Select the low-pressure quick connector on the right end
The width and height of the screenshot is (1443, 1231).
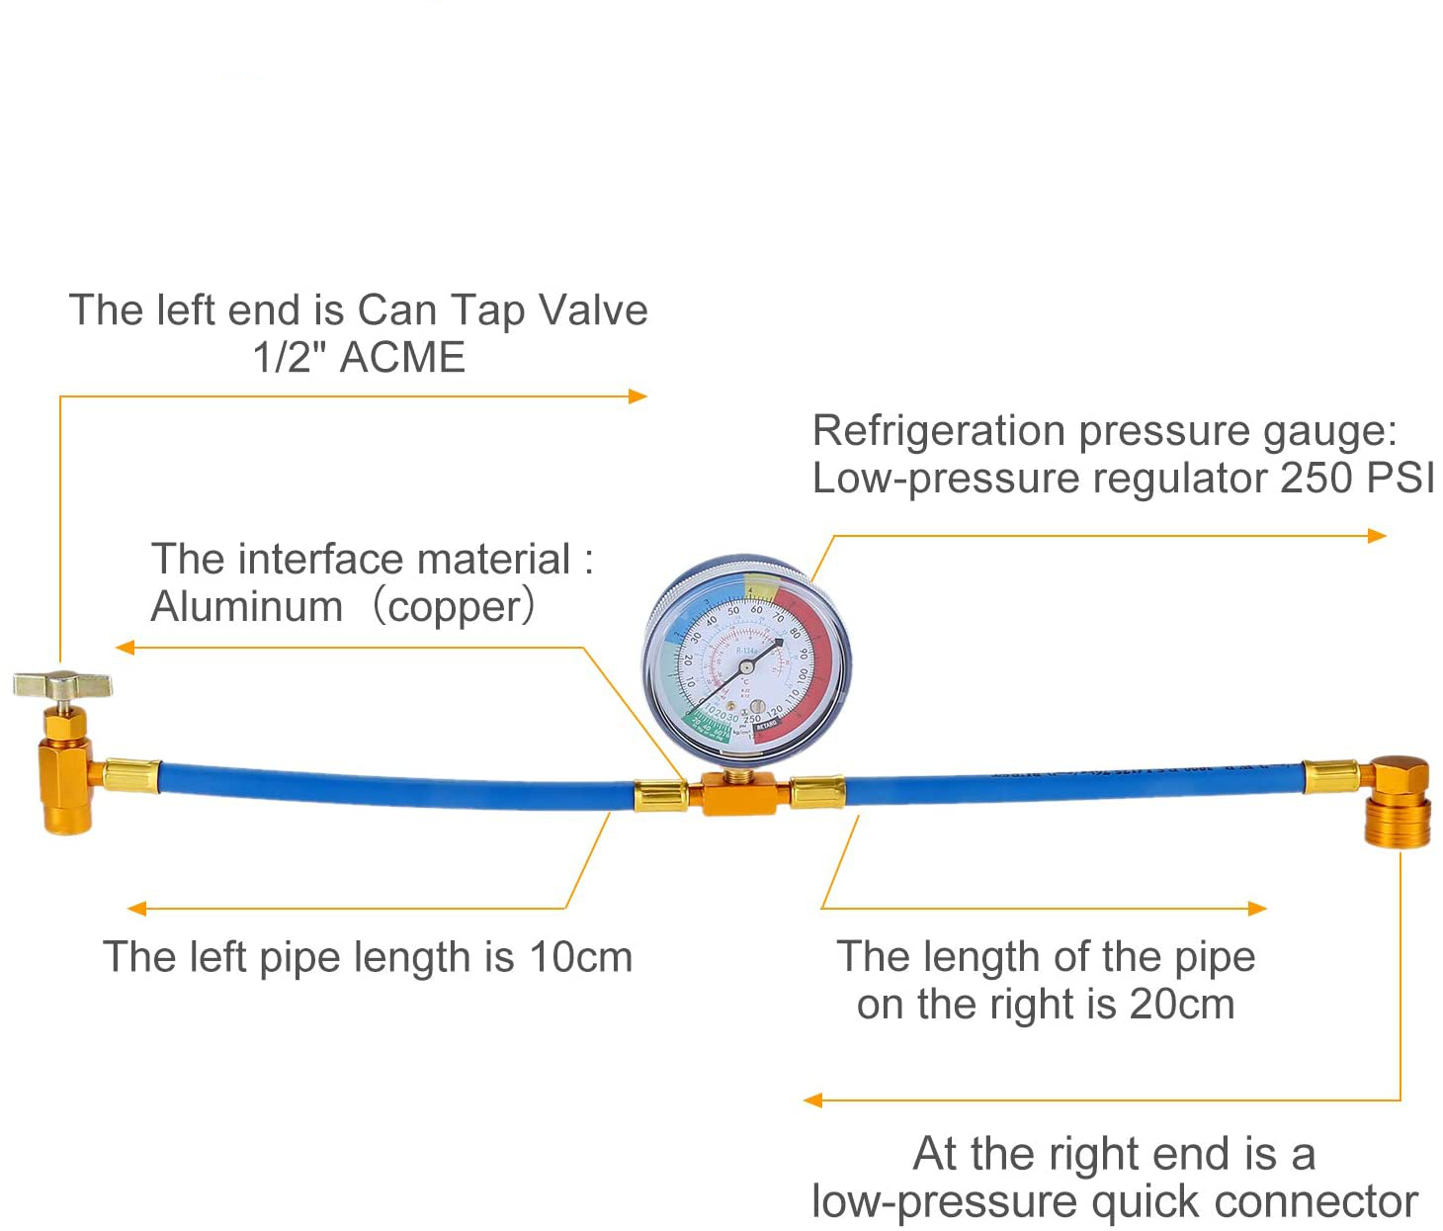pyautogui.click(x=1398, y=802)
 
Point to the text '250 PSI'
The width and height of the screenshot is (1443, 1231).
pyautogui.click(x=1357, y=479)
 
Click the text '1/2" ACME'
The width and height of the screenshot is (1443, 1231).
pyautogui.click(x=359, y=357)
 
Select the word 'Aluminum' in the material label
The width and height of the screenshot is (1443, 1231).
pyautogui.click(x=247, y=606)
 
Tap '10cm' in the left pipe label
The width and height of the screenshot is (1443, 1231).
pyautogui.click(x=581, y=957)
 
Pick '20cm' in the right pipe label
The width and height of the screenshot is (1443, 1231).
pyautogui.click(x=1182, y=1005)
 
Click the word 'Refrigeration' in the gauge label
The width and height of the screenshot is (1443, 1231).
pyautogui.click(x=938, y=431)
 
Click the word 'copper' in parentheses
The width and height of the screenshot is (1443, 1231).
pyautogui.click(x=454, y=606)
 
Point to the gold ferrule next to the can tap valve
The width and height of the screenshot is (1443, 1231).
pyautogui.click(x=132, y=775)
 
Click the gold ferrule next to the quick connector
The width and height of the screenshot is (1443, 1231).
pyautogui.click(x=1330, y=777)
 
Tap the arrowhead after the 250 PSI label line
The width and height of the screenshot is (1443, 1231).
pyautogui.click(x=1377, y=536)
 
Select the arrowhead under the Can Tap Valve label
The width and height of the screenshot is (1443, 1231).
pyautogui.click(x=638, y=396)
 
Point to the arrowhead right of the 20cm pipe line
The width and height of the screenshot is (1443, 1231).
pyautogui.click(x=1257, y=909)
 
